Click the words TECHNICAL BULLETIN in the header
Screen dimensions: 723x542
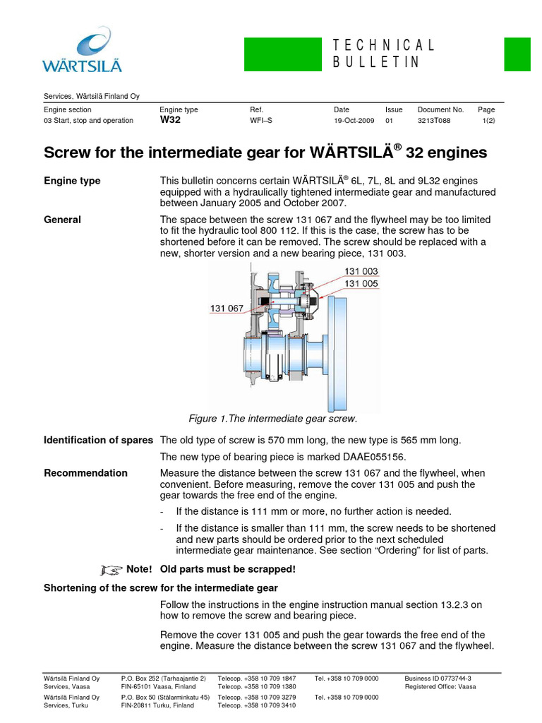[384, 54]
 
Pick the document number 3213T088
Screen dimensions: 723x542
[434, 121]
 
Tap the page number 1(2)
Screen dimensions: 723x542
[487, 121]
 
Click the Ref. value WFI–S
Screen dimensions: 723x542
[261, 121]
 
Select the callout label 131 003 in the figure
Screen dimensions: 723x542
[361, 271]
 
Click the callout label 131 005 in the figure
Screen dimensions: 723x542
[361, 284]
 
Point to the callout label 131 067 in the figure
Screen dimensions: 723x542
[227, 308]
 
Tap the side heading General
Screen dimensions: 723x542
[62, 220]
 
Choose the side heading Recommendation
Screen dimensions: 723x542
[85, 473]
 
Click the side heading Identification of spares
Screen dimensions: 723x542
[98, 440]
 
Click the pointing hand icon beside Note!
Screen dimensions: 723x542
[111, 569]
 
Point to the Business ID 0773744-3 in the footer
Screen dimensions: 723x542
[438, 678]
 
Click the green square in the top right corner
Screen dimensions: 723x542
[517, 54]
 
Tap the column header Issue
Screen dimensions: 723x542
[394, 110]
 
